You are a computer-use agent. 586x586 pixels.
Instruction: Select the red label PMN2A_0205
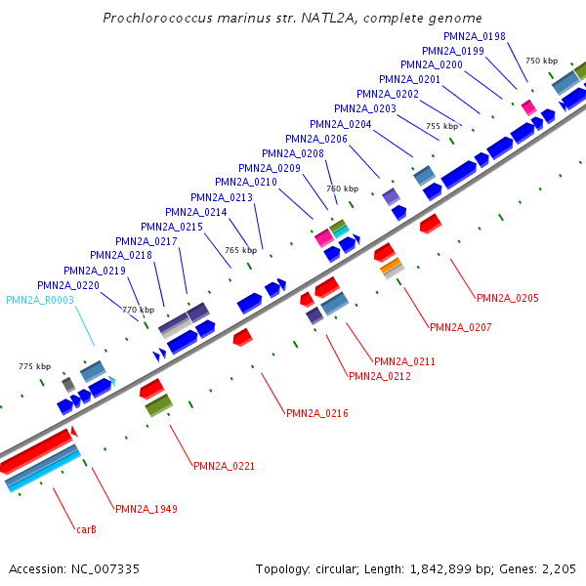(x=507, y=298)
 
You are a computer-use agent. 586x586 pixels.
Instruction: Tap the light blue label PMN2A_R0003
(x=40, y=300)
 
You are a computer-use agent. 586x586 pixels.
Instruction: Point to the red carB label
(x=86, y=530)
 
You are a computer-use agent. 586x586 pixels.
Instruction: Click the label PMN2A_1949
(x=146, y=509)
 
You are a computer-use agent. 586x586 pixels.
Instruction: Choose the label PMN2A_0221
(x=224, y=466)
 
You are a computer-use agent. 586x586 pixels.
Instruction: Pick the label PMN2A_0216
(x=316, y=413)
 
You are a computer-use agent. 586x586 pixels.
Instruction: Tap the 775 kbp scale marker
(x=34, y=366)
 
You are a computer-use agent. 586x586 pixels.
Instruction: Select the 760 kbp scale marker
(x=342, y=188)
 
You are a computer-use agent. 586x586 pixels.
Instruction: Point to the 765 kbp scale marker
(x=240, y=251)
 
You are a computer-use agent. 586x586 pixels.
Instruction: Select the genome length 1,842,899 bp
(x=439, y=568)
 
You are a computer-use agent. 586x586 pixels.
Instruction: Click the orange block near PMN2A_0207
(x=391, y=266)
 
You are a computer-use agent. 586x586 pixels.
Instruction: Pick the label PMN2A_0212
(x=379, y=376)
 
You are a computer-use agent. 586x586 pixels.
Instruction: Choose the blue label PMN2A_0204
(x=340, y=124)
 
